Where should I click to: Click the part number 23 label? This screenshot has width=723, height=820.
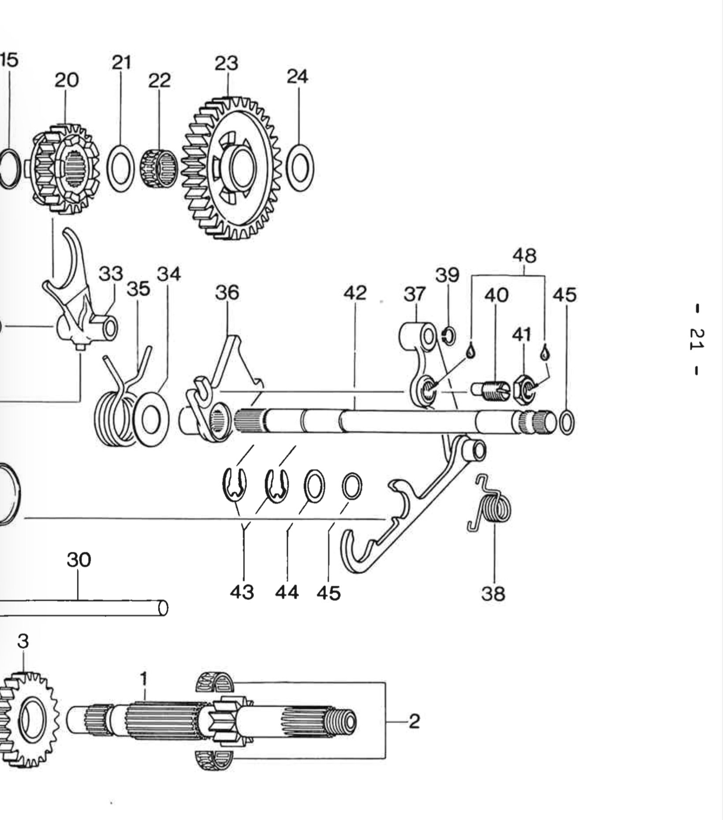[x=227, y=63]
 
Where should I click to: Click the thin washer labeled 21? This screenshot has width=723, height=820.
[x=121, y=168]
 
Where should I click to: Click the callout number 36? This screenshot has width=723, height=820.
[x=227, y=293]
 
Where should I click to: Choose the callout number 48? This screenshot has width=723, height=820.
[x=525, y=256]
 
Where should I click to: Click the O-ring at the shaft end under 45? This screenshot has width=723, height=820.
[x=566, y=422]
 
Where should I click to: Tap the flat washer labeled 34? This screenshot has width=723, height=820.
[x=150, y=419]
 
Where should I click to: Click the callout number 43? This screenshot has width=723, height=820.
[x=242, y=592]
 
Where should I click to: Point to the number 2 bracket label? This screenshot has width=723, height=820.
[x=414, y=722]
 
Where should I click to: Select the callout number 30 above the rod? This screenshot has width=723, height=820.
[x=79, y=560]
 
